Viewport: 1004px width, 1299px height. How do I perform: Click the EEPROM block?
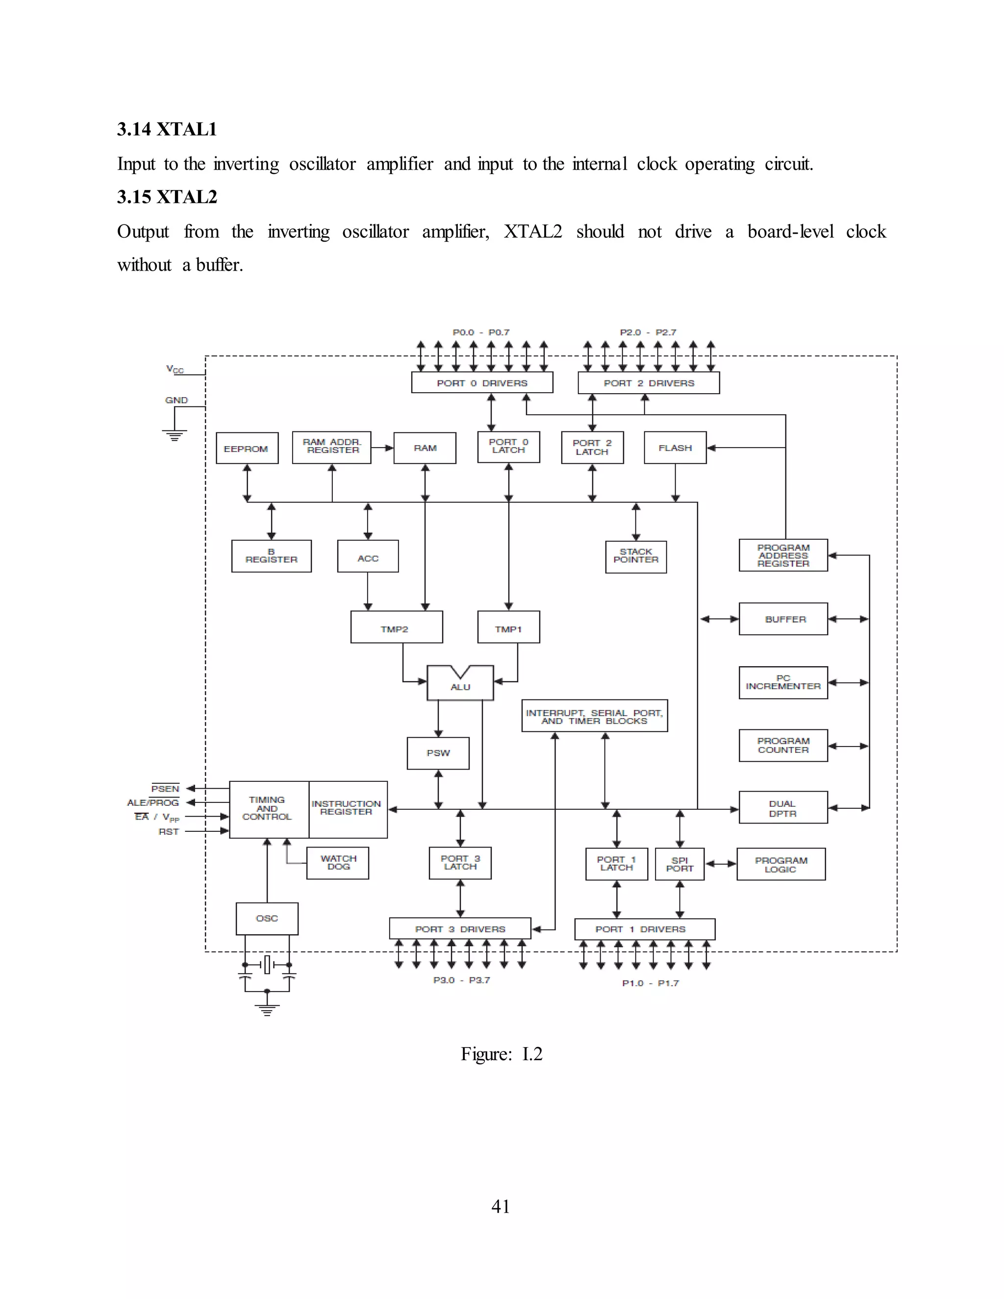coord(246,449)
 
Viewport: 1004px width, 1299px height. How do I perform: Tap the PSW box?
coord(438,753)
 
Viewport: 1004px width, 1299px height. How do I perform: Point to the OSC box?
coord(267,918)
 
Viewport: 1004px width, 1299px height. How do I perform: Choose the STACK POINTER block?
coord(635,556)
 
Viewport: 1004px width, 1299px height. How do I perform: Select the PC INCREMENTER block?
coord(783,682)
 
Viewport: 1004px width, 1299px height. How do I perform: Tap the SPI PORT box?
coord(679,864)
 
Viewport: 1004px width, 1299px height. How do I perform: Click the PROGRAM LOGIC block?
coord(780,864)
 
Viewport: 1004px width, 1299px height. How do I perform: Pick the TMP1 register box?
coord(508,627)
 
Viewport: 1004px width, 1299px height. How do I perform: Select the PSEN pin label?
coord(165,789)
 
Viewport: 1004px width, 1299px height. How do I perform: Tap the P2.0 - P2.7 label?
coord(648,332)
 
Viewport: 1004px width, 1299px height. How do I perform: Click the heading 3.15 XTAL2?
coord(167,197)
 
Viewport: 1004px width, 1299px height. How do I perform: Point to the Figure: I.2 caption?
coord(501,1054)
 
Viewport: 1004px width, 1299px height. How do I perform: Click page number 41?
coord(500,1206)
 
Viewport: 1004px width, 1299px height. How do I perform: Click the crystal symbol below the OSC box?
coord(267,965)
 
